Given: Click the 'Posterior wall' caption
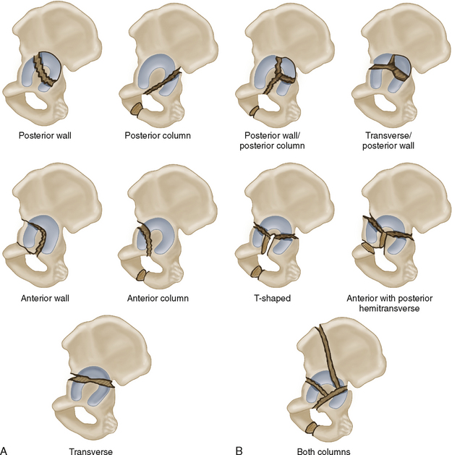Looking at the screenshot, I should (56, 134).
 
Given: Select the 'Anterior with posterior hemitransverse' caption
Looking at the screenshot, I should (396, 302).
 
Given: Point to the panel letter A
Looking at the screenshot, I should (7, 448).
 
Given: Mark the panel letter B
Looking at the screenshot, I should (239, 448).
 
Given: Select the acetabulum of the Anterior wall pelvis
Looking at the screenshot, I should (35, 235).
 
